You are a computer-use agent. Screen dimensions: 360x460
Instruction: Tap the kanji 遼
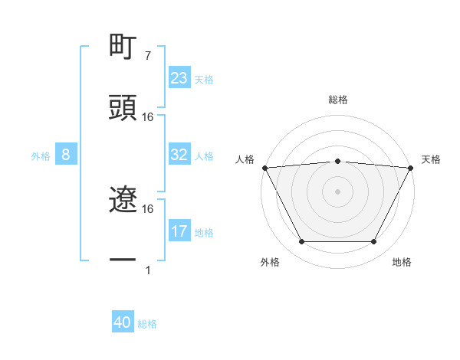point(123,201)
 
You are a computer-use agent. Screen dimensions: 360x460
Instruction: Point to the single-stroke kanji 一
point(123,261)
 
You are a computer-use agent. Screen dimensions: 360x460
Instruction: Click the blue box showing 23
point(179,78)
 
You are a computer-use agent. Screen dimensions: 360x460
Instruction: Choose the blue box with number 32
point(179,155)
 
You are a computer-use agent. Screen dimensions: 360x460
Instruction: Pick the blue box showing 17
point(179,231)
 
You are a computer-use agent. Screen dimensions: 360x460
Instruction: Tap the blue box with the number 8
point(66,155)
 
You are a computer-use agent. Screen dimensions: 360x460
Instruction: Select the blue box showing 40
point(123,322)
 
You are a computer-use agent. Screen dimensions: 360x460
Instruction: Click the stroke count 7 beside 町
point(147,56)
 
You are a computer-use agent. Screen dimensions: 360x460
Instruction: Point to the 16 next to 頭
point(148,117)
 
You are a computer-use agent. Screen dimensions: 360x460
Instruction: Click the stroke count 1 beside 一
point(147,270)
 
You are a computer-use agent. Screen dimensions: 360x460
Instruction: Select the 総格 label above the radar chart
point(338,100)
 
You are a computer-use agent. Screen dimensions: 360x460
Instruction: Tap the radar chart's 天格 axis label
point(431,159)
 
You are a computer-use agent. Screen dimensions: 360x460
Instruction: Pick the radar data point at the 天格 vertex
point(411,167)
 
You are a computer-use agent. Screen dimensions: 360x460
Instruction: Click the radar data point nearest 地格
point(374,242)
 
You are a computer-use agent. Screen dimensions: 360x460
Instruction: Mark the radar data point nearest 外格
point(301,242)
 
